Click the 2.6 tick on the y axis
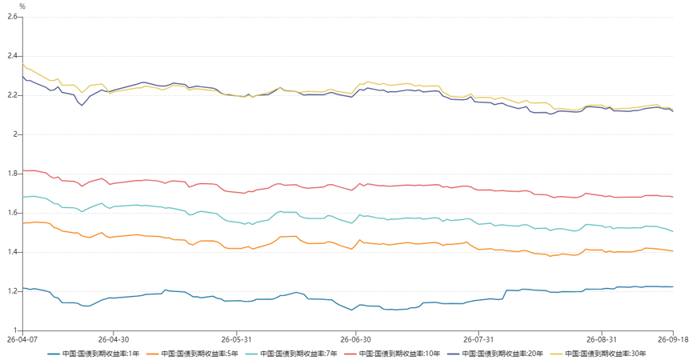[12, 17]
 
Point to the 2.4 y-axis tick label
[12, 56]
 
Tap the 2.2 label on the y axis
[12, 95]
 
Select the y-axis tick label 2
[15, 134]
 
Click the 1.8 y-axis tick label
[12, 174]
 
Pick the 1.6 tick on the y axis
[12, 213]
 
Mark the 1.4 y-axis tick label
[12, 252]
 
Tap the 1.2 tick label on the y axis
[12, 292]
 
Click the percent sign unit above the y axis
[22, 6]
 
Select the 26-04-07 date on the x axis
[22, 340]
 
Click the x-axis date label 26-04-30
[114, 340]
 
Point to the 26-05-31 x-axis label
[236, 340]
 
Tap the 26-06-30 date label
[355, 340]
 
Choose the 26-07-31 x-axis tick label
[478, 340]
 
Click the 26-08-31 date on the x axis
[602, 340]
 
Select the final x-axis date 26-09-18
[673, 340]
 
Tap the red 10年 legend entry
[392, 354]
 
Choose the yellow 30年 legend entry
[598, 354]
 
